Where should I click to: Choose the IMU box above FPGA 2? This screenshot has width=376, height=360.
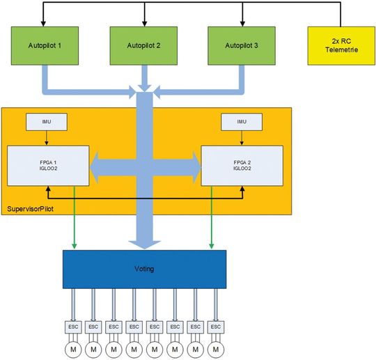click(242, 123)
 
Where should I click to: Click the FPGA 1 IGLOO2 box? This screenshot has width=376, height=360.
click(48, 166)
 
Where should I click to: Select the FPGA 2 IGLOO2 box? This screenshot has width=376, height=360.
click(241, 166)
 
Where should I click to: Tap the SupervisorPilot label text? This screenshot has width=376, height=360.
click(31, 208)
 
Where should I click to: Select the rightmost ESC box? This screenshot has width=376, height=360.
click(216, 325)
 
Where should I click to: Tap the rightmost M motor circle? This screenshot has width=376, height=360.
click(216, 347)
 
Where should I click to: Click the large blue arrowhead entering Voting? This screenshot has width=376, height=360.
click(144, 241)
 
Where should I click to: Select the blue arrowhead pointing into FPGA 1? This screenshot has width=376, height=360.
click(97, 166)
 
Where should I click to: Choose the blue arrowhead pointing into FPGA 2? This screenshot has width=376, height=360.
click(192, 166)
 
